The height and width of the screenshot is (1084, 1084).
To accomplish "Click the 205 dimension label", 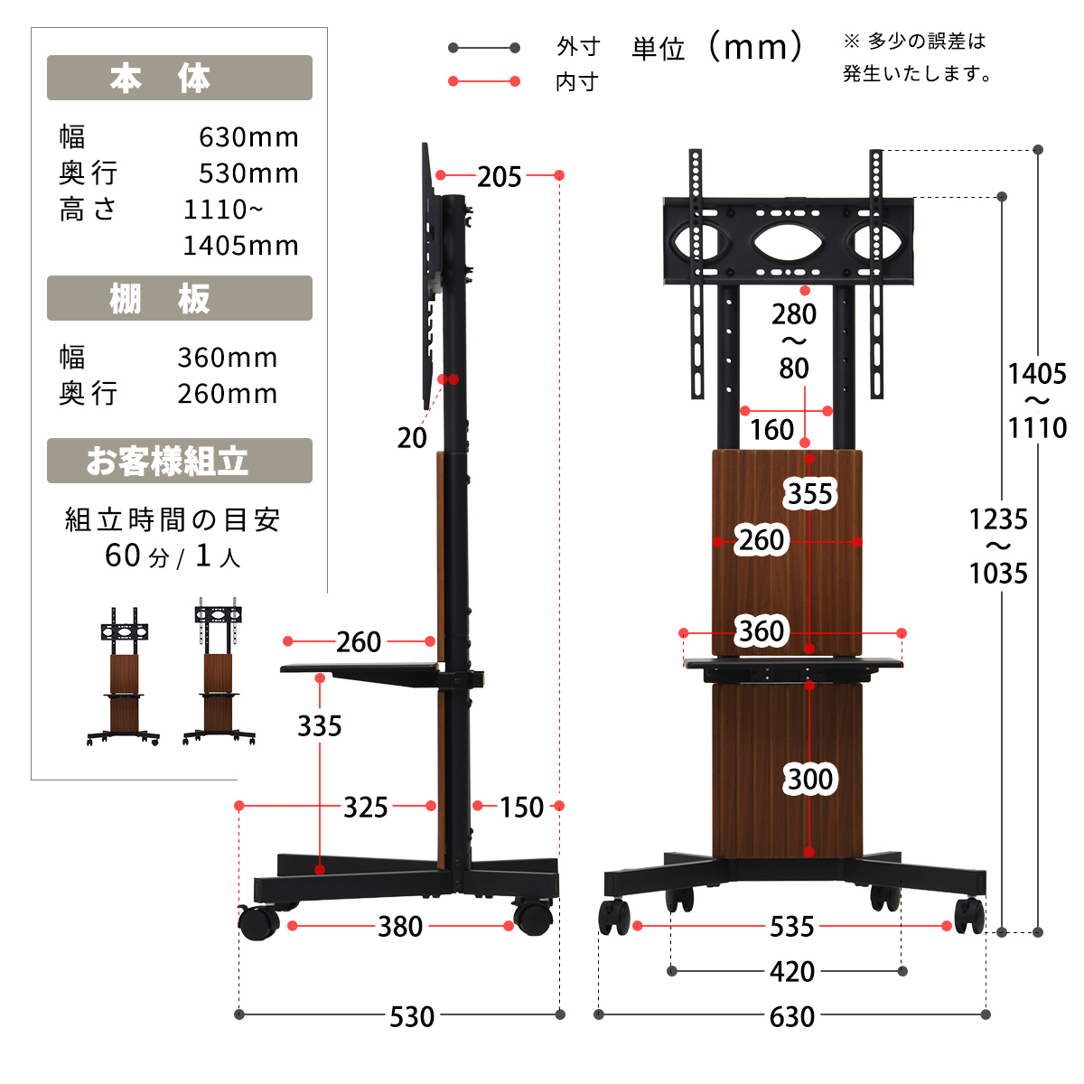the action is pyautogui.click(x=499, y=177).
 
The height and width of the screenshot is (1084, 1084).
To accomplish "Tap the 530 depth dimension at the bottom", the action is pyautogui.click(x=412, y=1016).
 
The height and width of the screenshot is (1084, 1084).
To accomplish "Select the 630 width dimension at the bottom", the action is pyautogui.click(x=791, y=1016).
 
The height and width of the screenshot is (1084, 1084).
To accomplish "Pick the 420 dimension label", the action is pyautogui.click(x=791, y=971).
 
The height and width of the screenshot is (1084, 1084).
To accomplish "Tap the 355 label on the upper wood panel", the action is pyautogui.click(x=809, y=494).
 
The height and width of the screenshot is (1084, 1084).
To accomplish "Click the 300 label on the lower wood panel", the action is pyautogui.click(x=809, y=779).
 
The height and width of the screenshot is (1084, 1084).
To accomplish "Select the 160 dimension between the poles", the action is pyautogui.click(x=771, y=430).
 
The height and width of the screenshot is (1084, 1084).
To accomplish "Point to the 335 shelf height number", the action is pyautogui.click(x=320, y=725).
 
